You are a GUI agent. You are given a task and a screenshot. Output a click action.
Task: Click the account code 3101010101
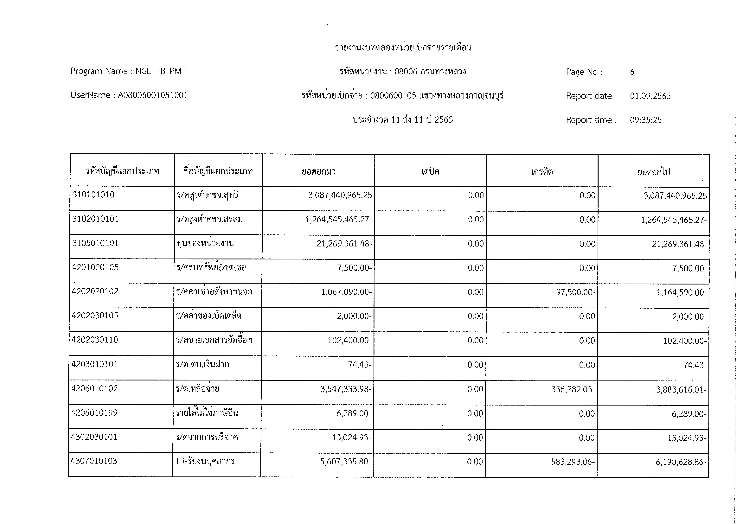96,195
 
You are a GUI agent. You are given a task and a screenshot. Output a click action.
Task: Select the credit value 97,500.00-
576,292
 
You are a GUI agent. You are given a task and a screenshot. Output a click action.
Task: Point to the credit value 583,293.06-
573,462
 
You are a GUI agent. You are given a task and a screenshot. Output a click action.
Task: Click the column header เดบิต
430,171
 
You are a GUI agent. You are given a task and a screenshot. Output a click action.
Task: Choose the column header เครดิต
542,171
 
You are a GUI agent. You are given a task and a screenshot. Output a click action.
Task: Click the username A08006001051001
153,95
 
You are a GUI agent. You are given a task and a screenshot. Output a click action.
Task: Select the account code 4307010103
94,461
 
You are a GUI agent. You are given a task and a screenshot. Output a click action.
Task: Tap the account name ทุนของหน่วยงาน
205,244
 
